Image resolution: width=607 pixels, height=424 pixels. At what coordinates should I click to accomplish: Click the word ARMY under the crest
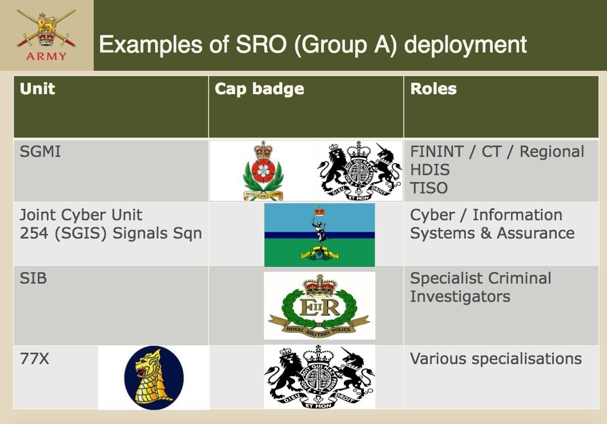tap(46, 56)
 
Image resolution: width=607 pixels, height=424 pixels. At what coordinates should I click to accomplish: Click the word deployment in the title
tap(465, 45)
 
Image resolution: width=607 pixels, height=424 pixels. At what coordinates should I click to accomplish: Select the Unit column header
tap(37, 88)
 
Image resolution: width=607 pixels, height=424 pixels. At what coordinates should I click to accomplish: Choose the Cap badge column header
tap(259, 89)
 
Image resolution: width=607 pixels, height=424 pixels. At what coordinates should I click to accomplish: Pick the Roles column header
tap(433, 88)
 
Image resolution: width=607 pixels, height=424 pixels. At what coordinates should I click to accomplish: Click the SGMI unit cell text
tap(41, 151)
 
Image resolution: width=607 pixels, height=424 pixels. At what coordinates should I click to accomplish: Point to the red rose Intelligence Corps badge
tap(263, 171)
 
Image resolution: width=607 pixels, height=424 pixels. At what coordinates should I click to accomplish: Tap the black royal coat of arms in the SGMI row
tap(359, 171)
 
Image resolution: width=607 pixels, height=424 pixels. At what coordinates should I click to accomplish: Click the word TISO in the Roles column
tap(429, 188)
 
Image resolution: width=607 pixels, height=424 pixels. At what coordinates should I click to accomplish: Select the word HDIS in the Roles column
tap(430, 170)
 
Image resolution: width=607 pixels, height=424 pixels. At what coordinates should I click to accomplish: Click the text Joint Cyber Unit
tap(81, 215)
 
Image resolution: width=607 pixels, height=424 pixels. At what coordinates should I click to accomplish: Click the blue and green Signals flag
tap(319, 235)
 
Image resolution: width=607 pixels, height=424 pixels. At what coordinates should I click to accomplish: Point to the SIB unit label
tap(33, 278)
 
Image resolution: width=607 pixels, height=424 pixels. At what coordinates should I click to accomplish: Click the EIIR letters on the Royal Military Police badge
tap(320, 308)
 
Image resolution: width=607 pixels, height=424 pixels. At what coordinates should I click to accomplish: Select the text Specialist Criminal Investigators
tap(481, 288)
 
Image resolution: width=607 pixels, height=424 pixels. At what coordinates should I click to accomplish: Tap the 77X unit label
tap(34, 358)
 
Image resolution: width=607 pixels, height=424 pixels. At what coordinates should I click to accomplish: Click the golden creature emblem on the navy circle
tap(154, 378)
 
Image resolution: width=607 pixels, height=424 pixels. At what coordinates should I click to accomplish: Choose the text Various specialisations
tap(496, 359)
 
